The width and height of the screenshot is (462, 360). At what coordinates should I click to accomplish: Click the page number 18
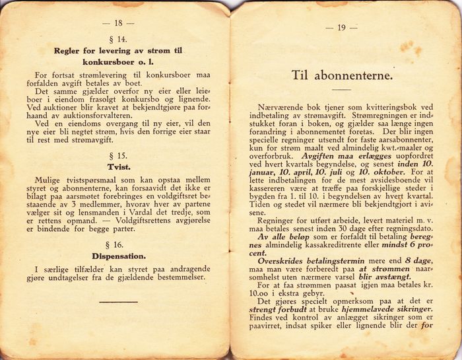coord(119,22)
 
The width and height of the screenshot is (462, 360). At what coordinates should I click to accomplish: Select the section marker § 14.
coord(119,39)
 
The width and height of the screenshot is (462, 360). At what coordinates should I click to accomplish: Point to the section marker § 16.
coord(119,244)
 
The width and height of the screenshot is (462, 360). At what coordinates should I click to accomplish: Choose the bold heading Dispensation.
coord(119,256)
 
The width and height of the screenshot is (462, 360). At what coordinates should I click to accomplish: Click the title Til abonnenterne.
coord(342,75)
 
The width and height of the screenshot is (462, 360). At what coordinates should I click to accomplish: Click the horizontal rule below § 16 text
coord(118,301)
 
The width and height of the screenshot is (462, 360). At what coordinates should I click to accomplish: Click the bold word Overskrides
coord(284,260)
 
